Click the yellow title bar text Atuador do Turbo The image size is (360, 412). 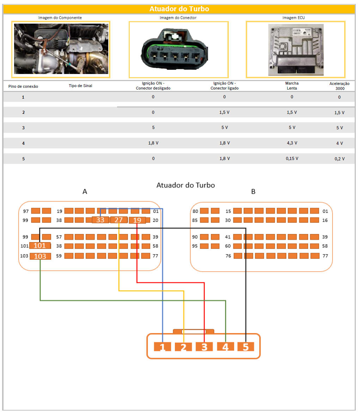pos(179,9)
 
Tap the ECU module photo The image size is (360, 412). pos(295,49)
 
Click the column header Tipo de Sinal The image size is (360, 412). pos(80,86)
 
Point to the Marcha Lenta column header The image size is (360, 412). pos(292,86)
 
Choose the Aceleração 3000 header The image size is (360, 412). pos(339,86)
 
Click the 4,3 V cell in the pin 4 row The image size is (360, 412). pos(292,143)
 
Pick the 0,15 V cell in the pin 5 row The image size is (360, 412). pos(292,159)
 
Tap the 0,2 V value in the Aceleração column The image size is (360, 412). pos(339,159)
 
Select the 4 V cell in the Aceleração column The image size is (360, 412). pos(339,143)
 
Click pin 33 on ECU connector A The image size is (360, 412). pos(100,220)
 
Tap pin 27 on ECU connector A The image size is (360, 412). pos(118,220)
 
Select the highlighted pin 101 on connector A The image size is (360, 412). pos(40,246)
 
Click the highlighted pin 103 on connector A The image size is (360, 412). pos(40,256)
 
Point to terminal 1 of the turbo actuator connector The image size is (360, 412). pos(162,347)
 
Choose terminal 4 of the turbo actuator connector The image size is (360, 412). pos(225,347)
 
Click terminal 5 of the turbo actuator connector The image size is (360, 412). pos(246,347)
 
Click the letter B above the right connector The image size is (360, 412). pos(253,192)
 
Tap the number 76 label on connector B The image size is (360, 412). pos(228,256)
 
